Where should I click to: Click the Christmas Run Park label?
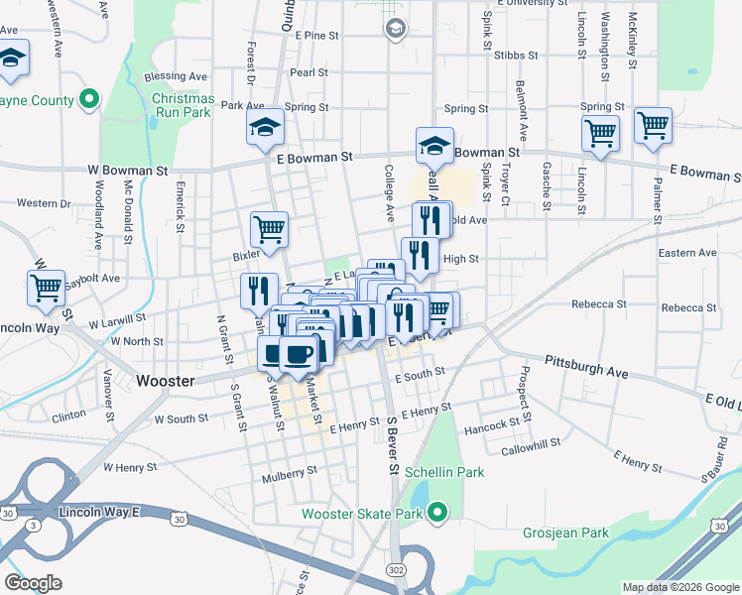coord(183,105)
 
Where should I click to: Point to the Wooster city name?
coord(165,381)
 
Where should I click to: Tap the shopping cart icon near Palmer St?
coord(653,126)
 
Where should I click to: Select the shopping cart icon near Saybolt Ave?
coord(47,288)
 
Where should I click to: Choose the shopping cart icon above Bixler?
coord(270,229)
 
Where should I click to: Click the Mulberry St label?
coord(290,473)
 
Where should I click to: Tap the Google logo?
coord(34,583)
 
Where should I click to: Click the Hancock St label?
coord(492,424)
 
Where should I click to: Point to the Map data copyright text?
coord(680,587)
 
